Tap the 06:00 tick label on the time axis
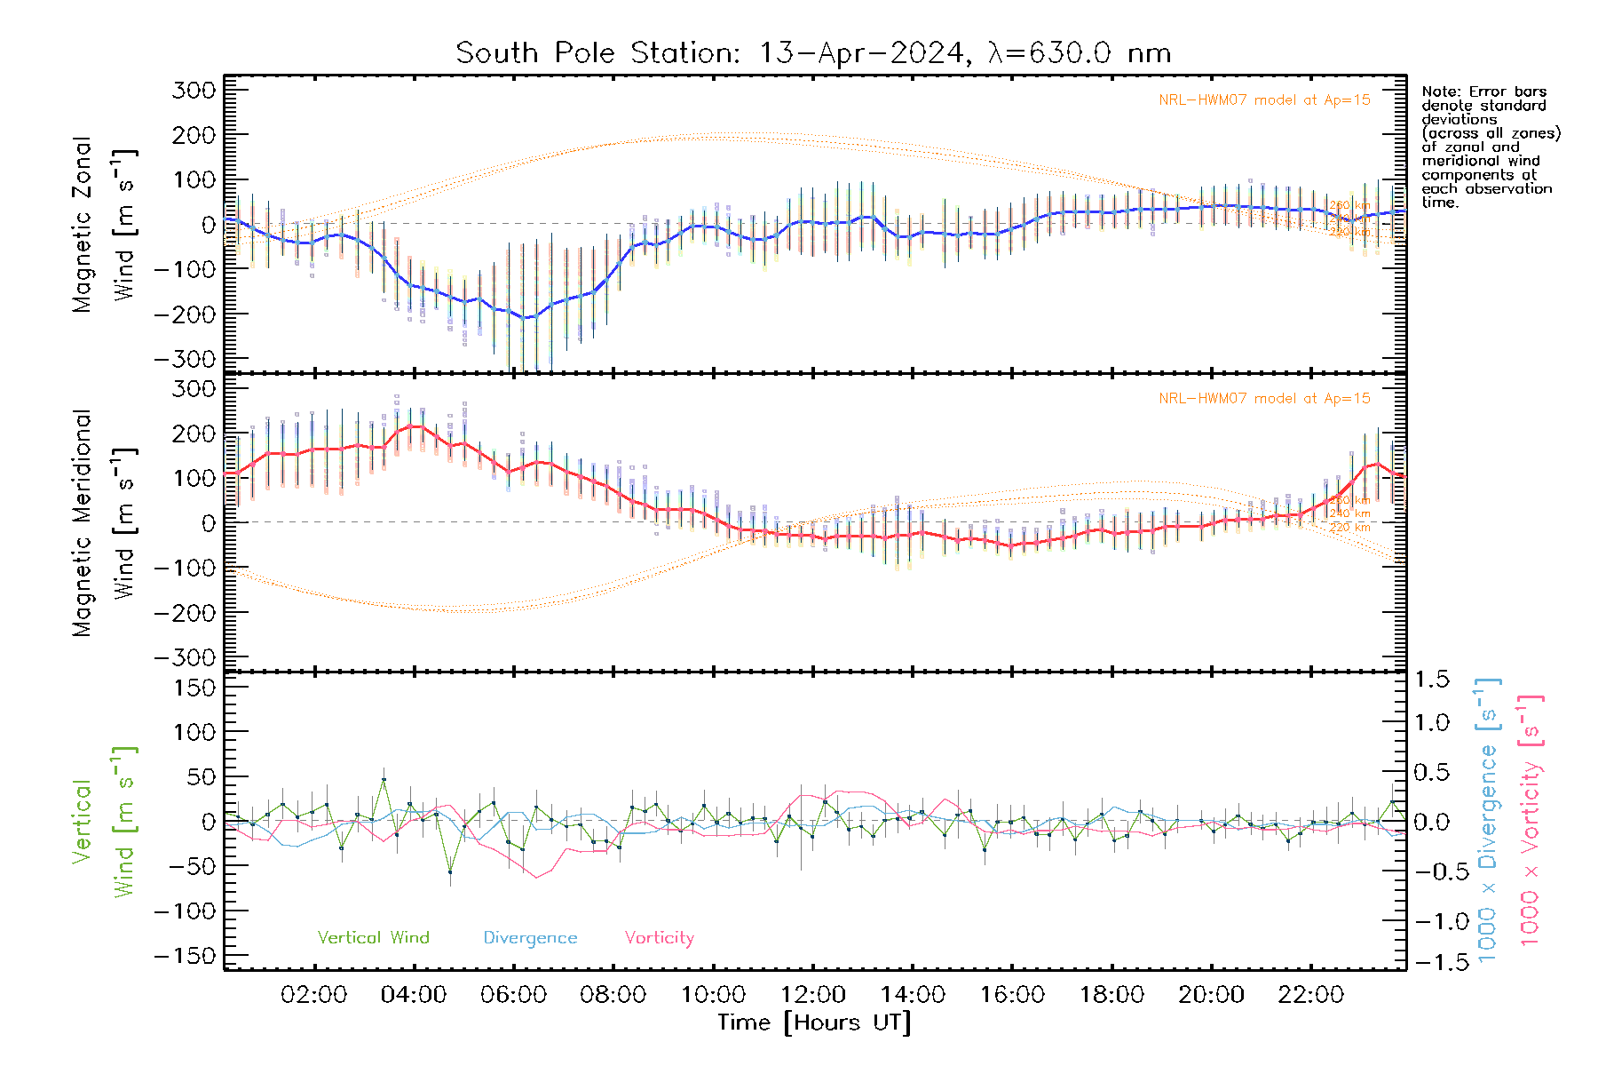pyautogui.click(x=513, y=995)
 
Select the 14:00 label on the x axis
pyautogui.click(x=912, y=995)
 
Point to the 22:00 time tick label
pyautogui.click(x=1310, y=995)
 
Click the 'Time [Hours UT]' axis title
pyautogui.click(x=814, y=1022)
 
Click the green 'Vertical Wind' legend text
pyautogui.click(x=373, y=938)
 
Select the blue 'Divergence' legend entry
pyautogui.click(x=530, y=938)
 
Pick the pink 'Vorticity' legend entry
pyautogui.click(x=659, y=938)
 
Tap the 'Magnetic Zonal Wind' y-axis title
pyautogui.click(x=105, y=225)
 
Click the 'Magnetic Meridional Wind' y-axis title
pyautogui.click(x=105, y=523)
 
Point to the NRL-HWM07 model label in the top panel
pyautogui.click(x=1264, y=100)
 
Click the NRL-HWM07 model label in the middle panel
pyautogui.click(x=1264, y=399)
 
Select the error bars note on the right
pyautogui.click(x=1490, y=147)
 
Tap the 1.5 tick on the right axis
pyautogui.click(x=1432, y=680)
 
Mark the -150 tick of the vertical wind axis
pyautogui.click(x=185, y=956)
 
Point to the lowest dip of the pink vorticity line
pyautogui.click(x=536, y=878)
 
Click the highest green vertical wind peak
pyautogui.click(x=384, y=780)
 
